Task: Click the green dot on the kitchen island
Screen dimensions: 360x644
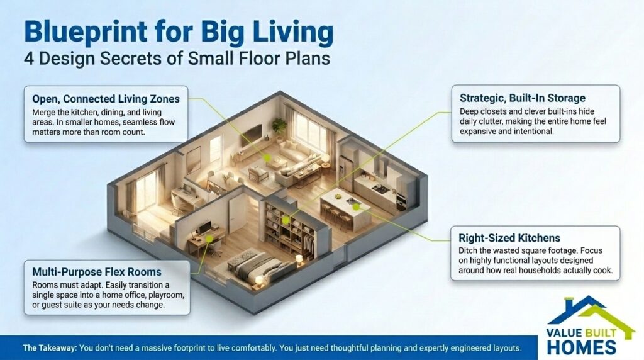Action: [x=355, y=206]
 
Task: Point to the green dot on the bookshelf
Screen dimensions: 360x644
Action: [x=286, y=220]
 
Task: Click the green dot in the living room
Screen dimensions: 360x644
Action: [x=267, y=159]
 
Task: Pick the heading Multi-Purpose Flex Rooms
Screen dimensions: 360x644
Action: [x=96, y=272]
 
